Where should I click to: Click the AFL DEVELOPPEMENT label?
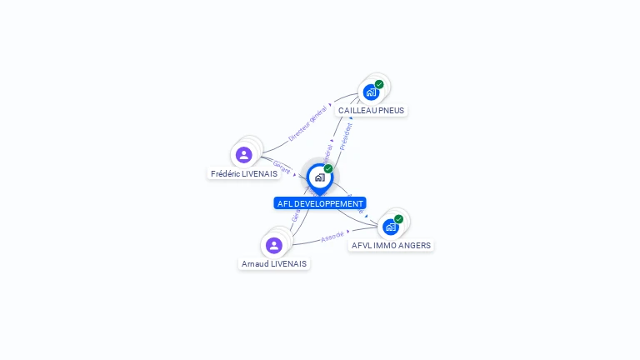click(x=320, y=203)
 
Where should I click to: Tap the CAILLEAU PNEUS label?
click(x=372, y=110)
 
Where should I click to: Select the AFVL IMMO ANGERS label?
click(x=391, y=245)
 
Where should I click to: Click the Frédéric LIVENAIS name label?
click(x=244, y=173)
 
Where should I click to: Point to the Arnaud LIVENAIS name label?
click(x=274, y=263)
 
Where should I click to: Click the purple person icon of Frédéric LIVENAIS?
click(x=243, y=155)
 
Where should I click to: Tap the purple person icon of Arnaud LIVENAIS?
click(x=274, y=245)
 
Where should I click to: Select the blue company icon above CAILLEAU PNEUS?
click(x=371, y=92)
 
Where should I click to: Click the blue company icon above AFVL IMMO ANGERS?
click(x=390, y=227)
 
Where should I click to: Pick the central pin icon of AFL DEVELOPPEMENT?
click(x=319, y=177)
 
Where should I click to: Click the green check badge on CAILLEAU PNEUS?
click(x=379, y=84)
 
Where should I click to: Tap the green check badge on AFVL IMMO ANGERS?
click(x=398, y=219)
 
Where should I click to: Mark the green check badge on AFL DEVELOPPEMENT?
click(x=328, y=168)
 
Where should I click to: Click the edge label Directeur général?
click(x=307, y=123)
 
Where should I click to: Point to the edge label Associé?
click(x=332, y=237)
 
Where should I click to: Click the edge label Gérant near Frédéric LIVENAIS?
click(x=282, y=166)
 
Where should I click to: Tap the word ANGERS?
click(x=415, y=245)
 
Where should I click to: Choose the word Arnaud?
click(x=255, y=263)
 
